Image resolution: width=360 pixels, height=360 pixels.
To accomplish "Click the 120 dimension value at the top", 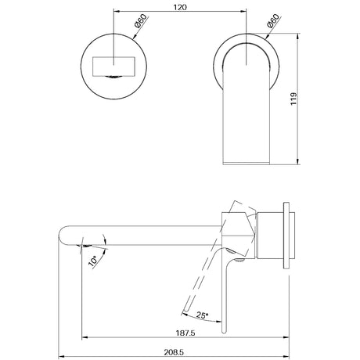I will [179, 7].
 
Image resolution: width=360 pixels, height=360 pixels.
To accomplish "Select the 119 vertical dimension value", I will [315, 99].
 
